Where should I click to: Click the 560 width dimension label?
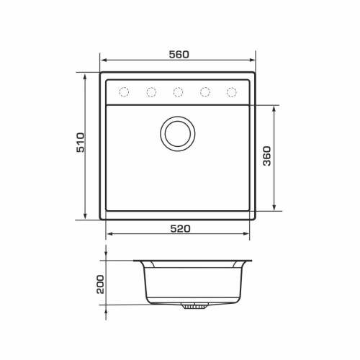[179, 55]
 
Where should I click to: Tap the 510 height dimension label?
[81, 143]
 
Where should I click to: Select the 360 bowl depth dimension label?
[267, 156]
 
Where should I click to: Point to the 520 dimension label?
[180, 229]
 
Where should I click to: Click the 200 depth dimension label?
[100, 284]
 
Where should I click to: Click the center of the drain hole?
[178, 134]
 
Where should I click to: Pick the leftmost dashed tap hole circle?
[124, 92]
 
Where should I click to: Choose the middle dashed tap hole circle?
[178, 92]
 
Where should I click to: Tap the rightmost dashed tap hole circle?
[232, 92]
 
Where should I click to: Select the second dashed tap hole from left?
[151, 92]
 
